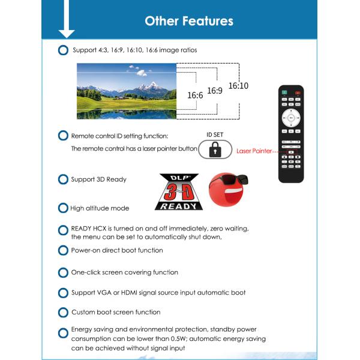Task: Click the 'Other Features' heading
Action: coord(189,20)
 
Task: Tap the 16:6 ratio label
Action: coord(195,95)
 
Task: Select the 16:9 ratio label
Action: coord(215,91)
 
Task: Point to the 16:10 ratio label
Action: coord(238,86)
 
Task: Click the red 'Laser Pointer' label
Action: coord(254,151)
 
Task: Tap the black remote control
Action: coord(291,133)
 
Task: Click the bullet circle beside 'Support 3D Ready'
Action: coord(63,179)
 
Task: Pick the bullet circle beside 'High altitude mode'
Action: coord(63,208)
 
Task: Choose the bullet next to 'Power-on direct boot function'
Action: coord(63,250)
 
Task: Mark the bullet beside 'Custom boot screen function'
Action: coord(63,313)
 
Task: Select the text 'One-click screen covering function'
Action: coord(124,272)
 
